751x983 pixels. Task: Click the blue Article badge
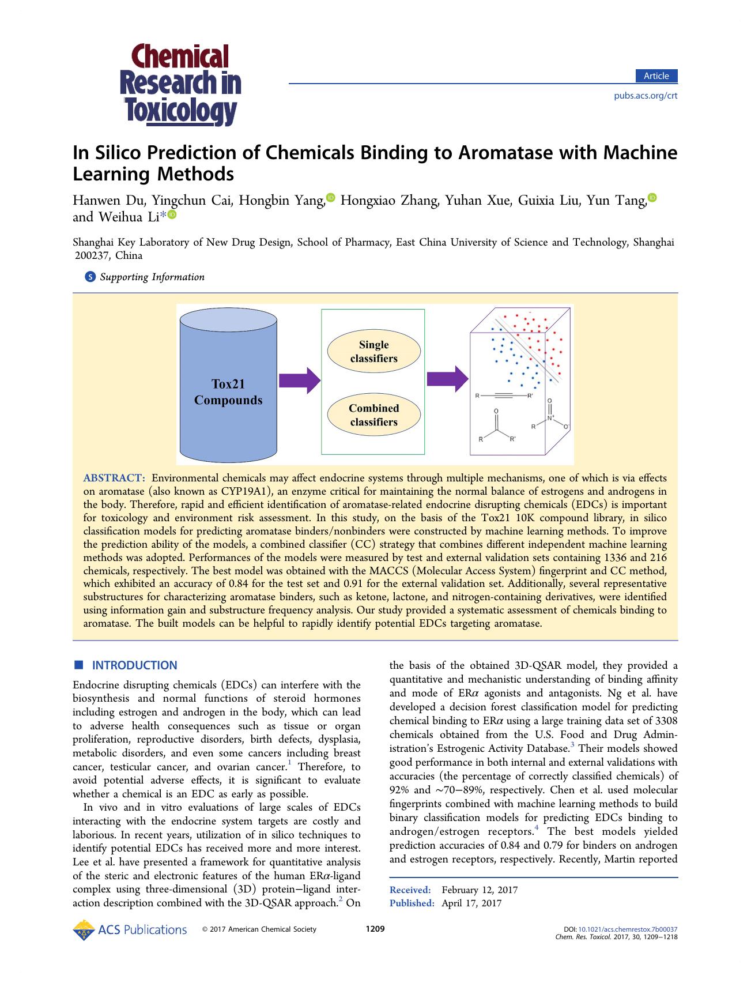656,76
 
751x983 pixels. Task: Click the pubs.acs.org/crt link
646,96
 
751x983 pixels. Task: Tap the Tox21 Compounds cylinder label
228,392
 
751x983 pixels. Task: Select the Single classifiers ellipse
373,352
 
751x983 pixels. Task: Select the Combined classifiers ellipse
373,415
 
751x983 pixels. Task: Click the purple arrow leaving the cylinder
299,381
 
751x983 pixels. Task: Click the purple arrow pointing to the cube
447,379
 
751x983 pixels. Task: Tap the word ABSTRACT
114,478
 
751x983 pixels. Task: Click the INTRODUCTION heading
134,665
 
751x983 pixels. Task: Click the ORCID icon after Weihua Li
172,215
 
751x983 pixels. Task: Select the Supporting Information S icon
90,277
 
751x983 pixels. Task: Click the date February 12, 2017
480,890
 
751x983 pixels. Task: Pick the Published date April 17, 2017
471,903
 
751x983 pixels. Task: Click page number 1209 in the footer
375,929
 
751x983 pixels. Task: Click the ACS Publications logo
130,929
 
